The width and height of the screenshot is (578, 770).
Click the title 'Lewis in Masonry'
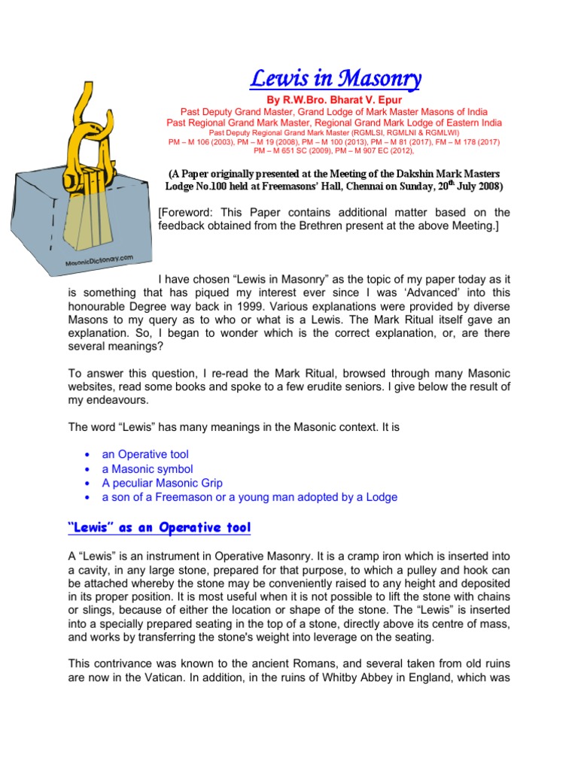[335, 78]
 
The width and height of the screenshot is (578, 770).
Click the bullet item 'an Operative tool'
[145, 454]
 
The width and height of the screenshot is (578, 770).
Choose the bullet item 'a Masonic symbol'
[148, 468]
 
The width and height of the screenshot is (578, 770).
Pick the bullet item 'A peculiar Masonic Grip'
[162, 483]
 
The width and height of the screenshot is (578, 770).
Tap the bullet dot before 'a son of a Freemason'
[89, 498]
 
